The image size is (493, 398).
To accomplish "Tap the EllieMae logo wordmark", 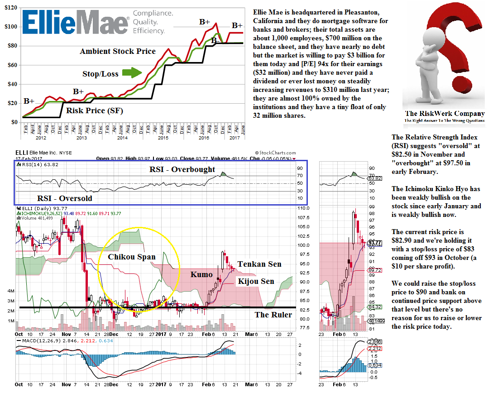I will (75, 23).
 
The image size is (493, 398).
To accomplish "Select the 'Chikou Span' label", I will (132, 257).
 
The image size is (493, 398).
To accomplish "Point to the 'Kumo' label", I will (201, 274).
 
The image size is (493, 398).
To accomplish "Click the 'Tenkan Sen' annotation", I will (259, 264).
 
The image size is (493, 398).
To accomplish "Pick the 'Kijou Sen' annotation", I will (256, 281).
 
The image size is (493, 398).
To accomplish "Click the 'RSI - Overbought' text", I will (182, 169).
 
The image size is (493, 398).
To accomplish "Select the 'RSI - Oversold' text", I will (64, 198).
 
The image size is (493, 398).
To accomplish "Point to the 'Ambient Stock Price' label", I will (118, 51).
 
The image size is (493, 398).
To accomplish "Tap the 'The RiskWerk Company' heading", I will (445, 114).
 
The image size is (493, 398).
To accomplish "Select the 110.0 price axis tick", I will (304, 208).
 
